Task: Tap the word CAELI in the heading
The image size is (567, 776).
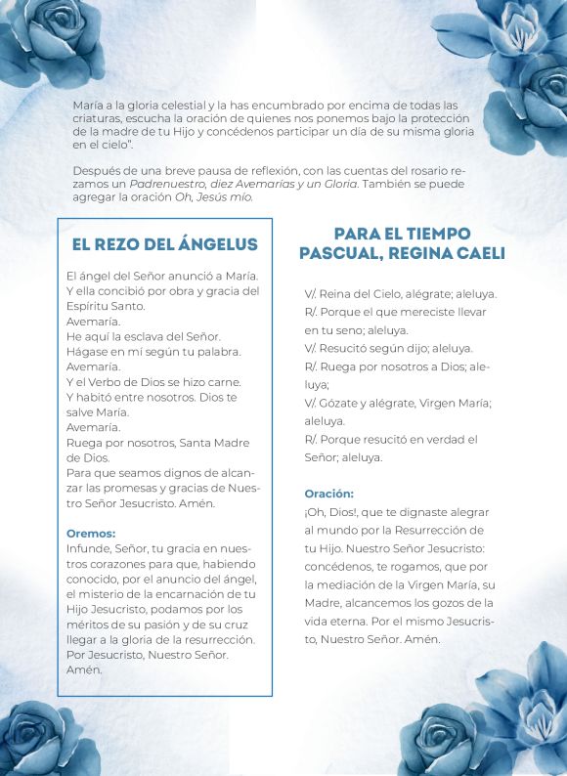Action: coord(473,254)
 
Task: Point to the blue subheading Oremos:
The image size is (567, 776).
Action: coord(91,534)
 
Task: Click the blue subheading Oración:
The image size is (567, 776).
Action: coord(328,494)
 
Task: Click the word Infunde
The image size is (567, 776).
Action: coord(90,549)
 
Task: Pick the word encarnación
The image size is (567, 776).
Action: coord(205,594)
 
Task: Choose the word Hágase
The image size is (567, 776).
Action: coord(89,351)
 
